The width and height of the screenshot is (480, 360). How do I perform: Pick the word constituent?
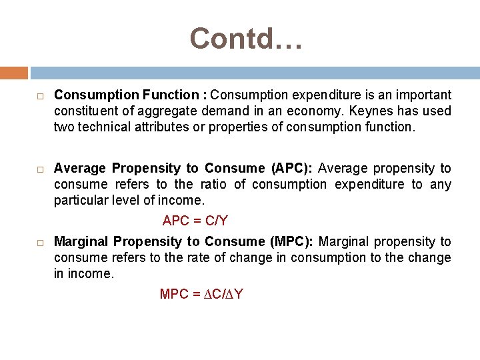coord(84,111)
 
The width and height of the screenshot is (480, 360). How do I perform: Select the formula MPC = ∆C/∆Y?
coord(201,294)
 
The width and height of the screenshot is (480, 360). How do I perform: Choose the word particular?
coord(81,200)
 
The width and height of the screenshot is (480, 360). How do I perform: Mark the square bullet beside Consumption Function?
coord(40,96)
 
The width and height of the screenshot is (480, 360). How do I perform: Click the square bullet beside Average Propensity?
coord(40,169)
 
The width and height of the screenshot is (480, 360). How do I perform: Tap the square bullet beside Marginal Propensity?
coord(40,243)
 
